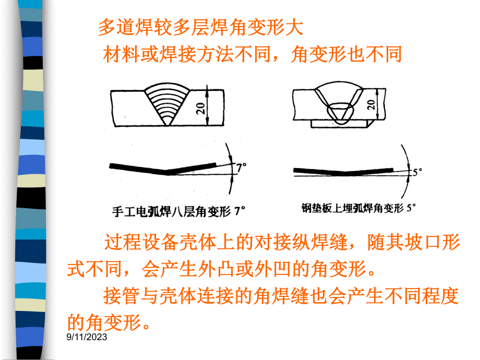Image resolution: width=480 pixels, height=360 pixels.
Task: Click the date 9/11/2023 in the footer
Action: pyautogui.click(x=87, y=338)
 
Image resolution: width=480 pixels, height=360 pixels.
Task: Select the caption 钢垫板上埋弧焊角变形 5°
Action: pyautogui.click(x=358, y=208)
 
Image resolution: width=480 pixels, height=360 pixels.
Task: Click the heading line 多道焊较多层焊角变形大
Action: pyautogui.click(x=200, y=28)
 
